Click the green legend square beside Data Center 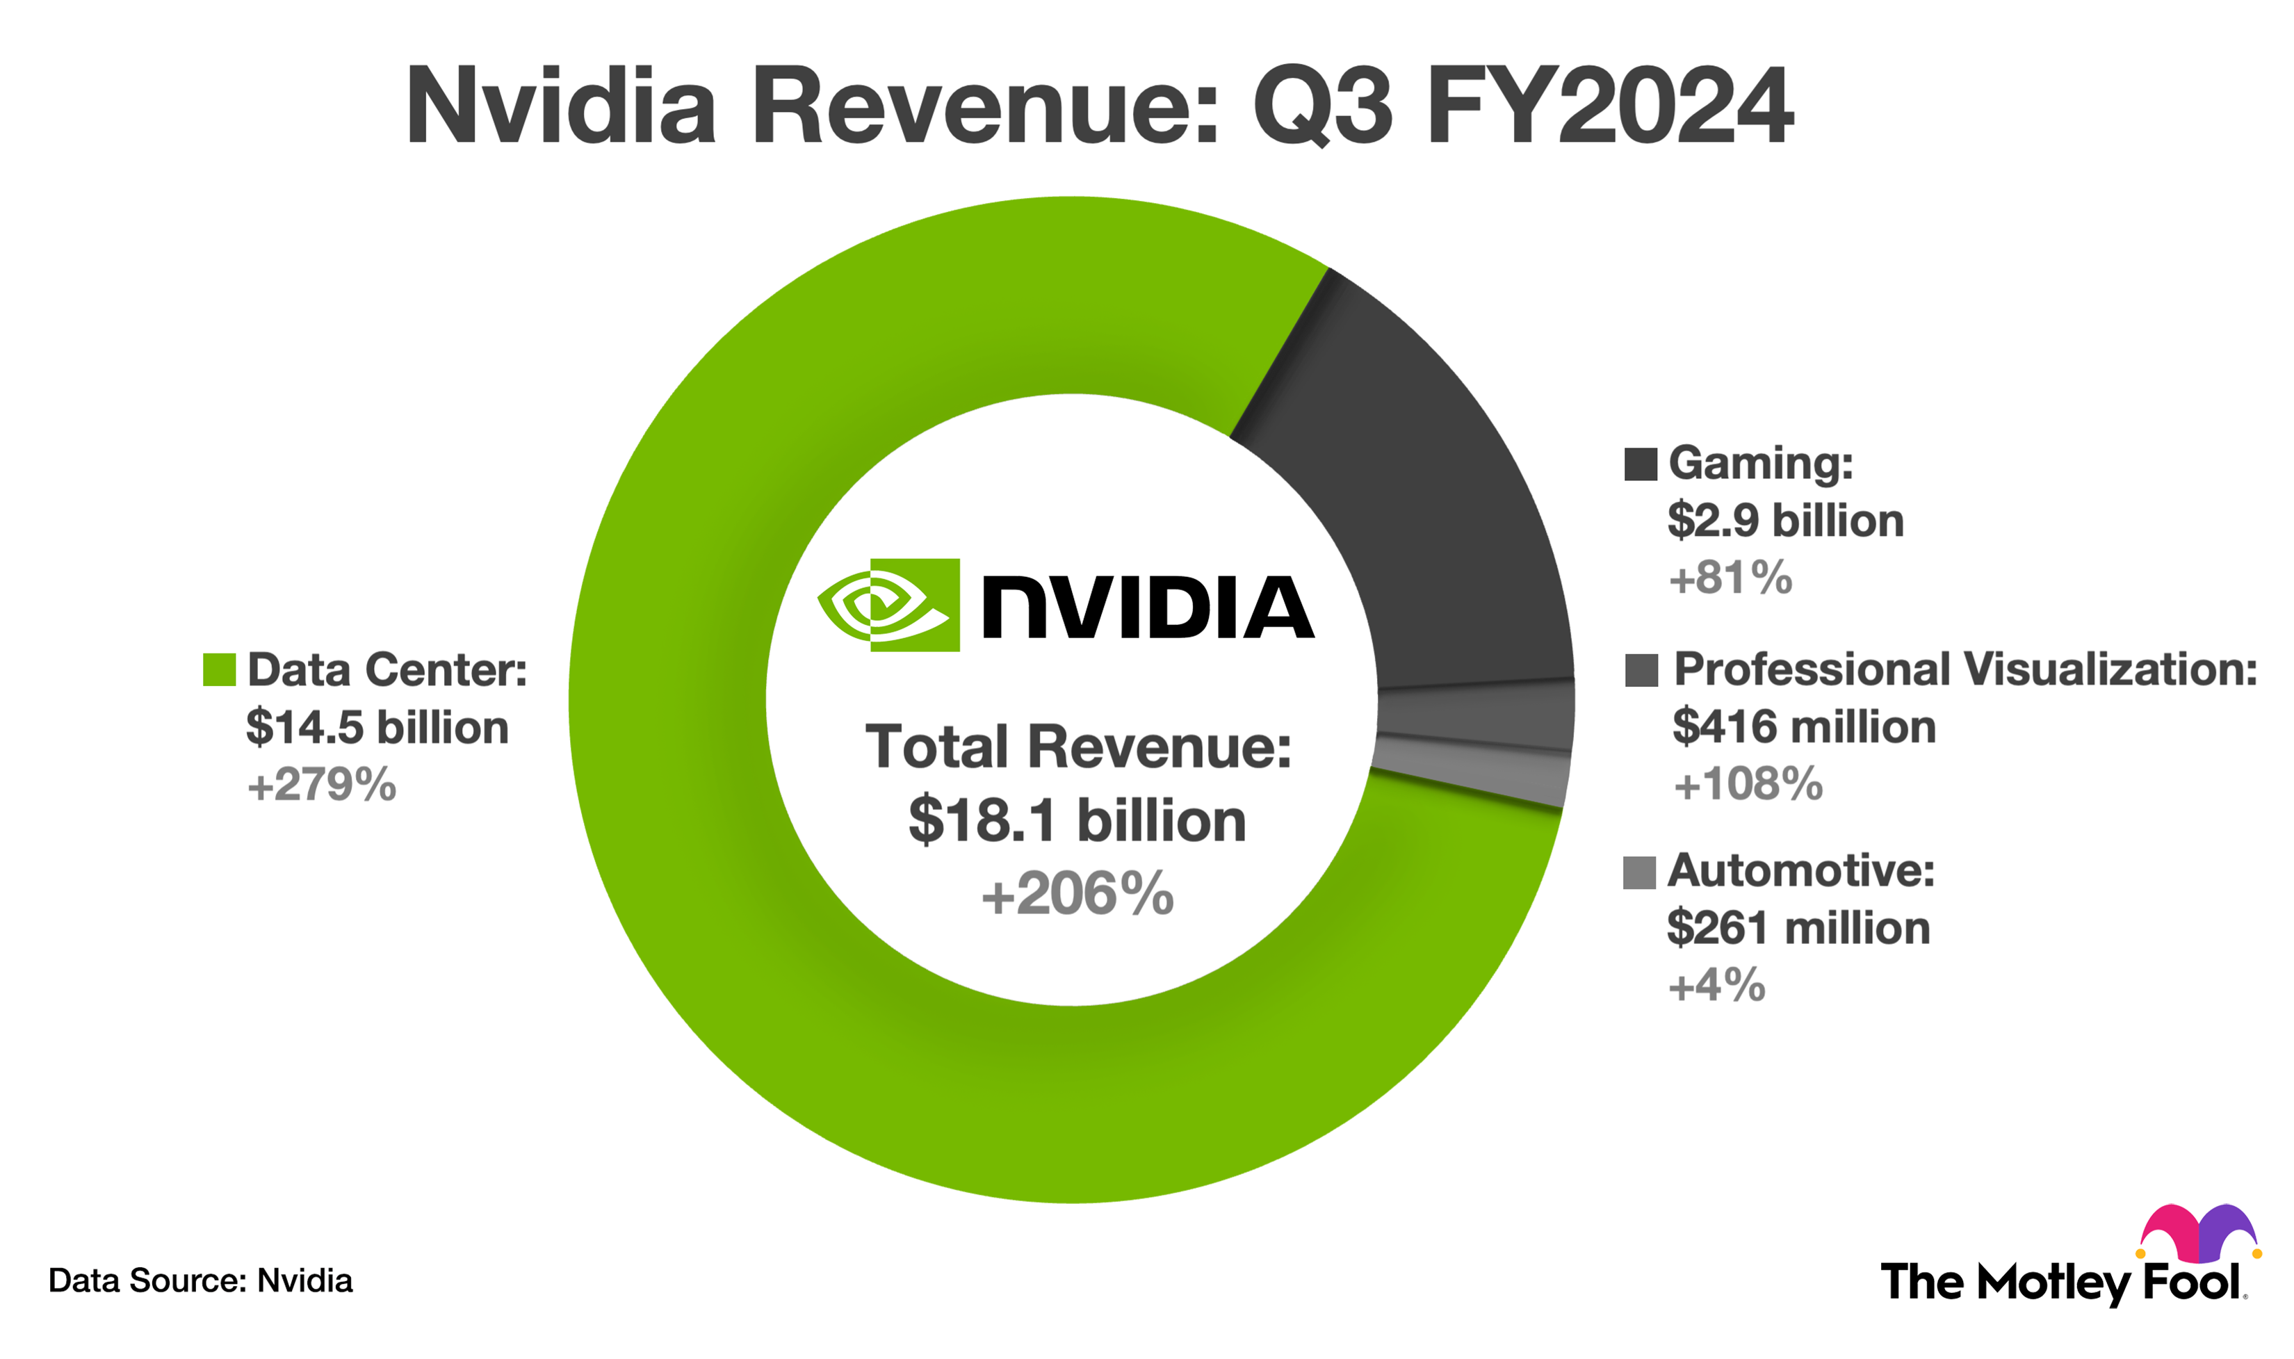point(219,669)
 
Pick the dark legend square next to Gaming point(1640,464)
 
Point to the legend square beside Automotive point(1639,872)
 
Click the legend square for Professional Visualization point(1641,670)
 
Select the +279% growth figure point(321,786)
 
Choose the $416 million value point(1803,727)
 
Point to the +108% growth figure point(1748,785)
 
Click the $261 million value point(1798,929)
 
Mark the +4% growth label point(1716,986)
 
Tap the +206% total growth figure point(1077,895)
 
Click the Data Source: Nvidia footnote point(200,1280)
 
